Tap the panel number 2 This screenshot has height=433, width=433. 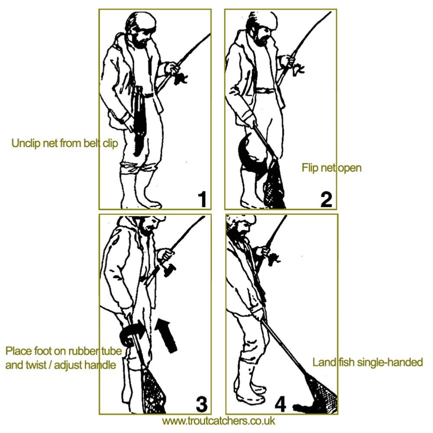[326, 200]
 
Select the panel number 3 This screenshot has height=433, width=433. [202, 404]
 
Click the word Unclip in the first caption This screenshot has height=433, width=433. [26, 143]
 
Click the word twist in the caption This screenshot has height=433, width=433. [36, 365]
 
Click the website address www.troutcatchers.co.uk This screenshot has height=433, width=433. [218, 421]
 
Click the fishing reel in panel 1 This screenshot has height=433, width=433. [180, 78]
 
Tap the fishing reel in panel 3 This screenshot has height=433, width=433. [169, 269]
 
